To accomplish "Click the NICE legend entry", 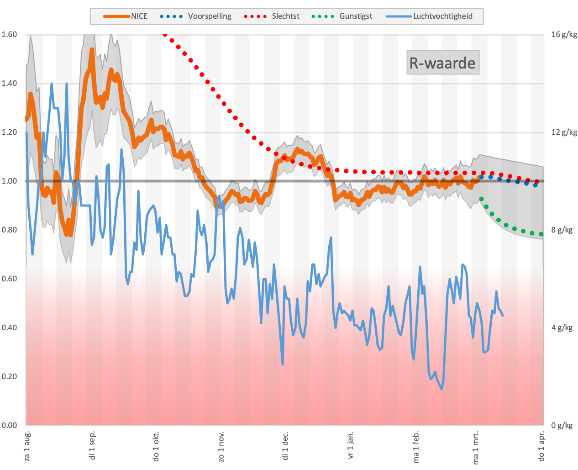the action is pyautogui.click(x=126, y=16).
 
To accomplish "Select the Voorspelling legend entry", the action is pyautogui.click(x=196, y=16).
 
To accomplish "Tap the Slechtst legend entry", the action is pyautogui.click(x=272, y=16).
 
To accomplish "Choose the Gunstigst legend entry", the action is pyautogui.click(x=342, y=16).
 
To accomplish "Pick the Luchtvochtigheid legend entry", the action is pyautogui.click(x=429, y=16).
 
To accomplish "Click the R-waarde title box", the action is pyautogui.click(x=442, y=63).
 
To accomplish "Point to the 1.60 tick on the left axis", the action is pyautogui.click(x=9, y=34).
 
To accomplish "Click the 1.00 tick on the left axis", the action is pyautogui.click(x=9, y=181).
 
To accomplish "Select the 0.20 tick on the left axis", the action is pyautogui.click(x=9, y=377).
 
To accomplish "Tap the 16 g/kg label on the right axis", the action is pyautogui.click(x=564, y=34).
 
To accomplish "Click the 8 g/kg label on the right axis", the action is pyautogui.click(x=562, y=230).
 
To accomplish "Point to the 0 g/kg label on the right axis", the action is pyautogui.click(x=562, y=426).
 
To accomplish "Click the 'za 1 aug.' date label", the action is pyautogui.click(x=27, y=446).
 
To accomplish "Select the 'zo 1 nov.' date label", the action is pyautogui.click(x=221, y=446).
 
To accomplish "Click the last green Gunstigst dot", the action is pyautogui.click(x=541, y=234).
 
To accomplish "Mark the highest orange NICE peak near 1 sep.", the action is pyautogui.click(x=92, y=49).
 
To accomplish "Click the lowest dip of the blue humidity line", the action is pyautogui.click(x=441, y=389).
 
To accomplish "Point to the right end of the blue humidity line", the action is pyautogui.click(x=503, y=316).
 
